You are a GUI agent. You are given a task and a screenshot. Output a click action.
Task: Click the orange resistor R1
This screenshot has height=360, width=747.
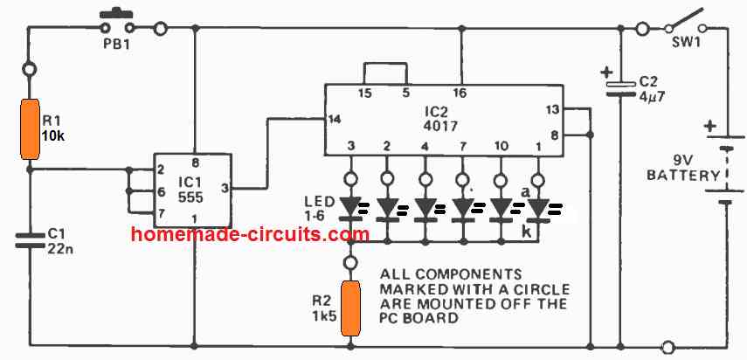point(31,129)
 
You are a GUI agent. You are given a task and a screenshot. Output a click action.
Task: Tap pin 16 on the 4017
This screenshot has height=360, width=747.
point(459,92)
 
